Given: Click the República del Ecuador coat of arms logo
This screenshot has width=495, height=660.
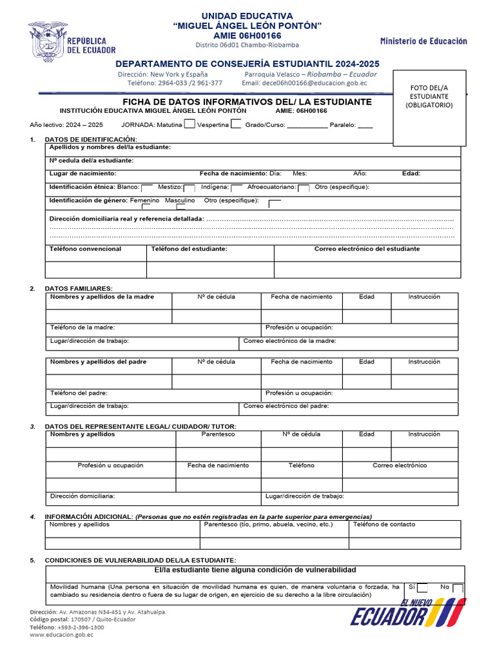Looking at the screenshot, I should pyautogui.click(x=47, y=40).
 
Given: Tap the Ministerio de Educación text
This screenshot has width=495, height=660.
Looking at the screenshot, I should pyautogui.click(x=423, y=41).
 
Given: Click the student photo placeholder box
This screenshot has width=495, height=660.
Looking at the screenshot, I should pyautogui.click(x=431, y=108).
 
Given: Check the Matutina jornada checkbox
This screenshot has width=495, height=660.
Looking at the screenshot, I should pyautogui.click(x=189, y=124).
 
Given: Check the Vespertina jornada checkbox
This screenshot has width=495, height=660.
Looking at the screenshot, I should pyautogui.click(x=236, y=124).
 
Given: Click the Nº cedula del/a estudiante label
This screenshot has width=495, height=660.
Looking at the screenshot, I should pyautogui.click(x=92, y=160).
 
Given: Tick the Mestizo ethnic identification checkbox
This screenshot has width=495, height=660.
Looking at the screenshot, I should pyautogui.click(x=189, y=188).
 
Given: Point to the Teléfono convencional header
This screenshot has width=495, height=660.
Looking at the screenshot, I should pyautogui.click(x=85, y=249).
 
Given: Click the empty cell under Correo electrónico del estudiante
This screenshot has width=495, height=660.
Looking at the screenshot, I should pyautogui.click(x=367, y=270).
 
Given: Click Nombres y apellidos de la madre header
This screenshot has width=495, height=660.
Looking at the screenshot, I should pyautogui.click(x=102, y=297).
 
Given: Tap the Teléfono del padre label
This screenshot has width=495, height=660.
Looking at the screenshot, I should pyautogui.click(x=79, y=393).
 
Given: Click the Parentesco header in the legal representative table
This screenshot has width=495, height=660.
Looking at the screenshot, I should pyautogui.click(x=218, y=434).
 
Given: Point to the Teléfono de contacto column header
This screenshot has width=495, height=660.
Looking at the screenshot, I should pyautogui.click(x=384, y=525).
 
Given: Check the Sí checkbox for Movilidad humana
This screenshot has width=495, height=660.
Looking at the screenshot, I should pyautogui.click(x=422, y=588).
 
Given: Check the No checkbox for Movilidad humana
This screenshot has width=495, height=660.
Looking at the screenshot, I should pyautogui.click(x=458, y=588).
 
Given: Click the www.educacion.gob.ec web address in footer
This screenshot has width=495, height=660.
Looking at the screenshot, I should pyautogui.click(x=62, y=635).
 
